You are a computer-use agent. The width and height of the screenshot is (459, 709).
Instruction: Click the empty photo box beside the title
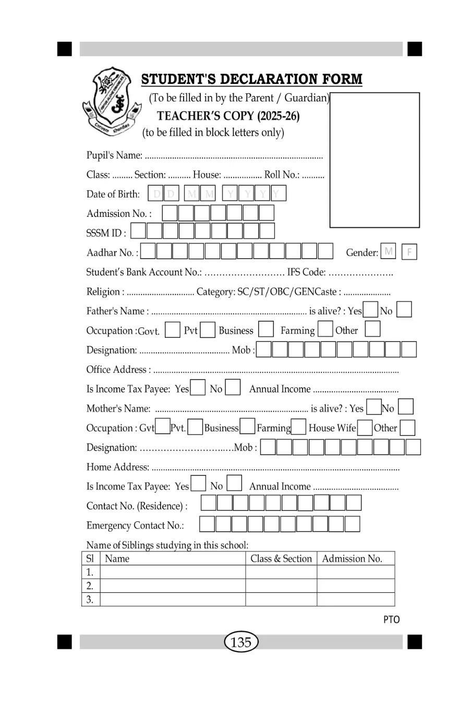(375, 160)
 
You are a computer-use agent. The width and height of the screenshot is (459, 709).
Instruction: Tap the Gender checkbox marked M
(388, 252)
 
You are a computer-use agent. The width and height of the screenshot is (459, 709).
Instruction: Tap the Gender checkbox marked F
(409, 252)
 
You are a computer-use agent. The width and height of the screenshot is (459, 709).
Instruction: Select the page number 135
(241, 642)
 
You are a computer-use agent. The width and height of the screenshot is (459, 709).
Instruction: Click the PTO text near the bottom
(391, 620)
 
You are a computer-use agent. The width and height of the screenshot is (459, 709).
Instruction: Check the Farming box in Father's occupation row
(325, 330)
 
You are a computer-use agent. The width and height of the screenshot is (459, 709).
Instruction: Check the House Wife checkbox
(365, 427)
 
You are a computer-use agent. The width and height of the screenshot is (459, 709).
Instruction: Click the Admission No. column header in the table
(352, 559)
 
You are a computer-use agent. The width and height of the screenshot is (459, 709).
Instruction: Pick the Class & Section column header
(281, 559)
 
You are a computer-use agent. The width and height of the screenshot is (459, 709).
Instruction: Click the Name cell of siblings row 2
(172, 586)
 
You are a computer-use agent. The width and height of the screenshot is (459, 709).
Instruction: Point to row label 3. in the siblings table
(90, 600)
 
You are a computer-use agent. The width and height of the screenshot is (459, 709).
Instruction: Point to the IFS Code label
(307, 272)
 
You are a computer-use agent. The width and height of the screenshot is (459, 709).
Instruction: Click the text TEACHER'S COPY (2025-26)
(228, 116)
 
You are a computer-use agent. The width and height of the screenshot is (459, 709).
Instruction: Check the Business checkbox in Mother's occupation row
(248, 427)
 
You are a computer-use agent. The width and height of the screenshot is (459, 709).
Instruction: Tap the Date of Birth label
(113, 194)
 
